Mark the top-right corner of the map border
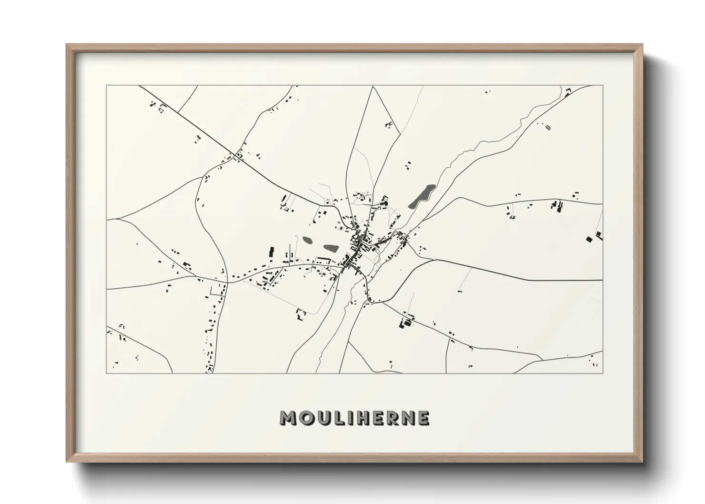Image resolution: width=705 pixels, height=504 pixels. (x=603, y=86)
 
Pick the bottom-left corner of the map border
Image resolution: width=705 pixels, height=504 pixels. (x=107, y=373)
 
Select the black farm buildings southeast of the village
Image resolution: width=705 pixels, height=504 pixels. (x=406, y=323)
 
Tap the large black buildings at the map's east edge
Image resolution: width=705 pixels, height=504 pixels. (x=594, y=237)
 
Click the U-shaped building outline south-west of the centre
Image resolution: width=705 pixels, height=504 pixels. (x=300, y=314)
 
